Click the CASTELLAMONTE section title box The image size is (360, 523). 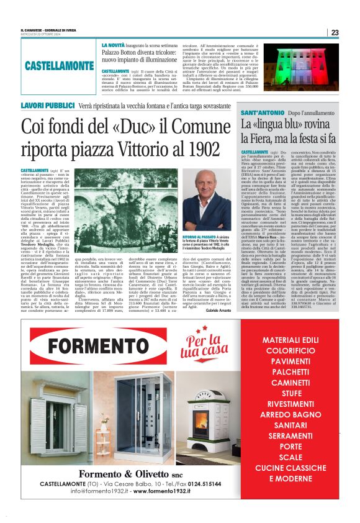(60, 65)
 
